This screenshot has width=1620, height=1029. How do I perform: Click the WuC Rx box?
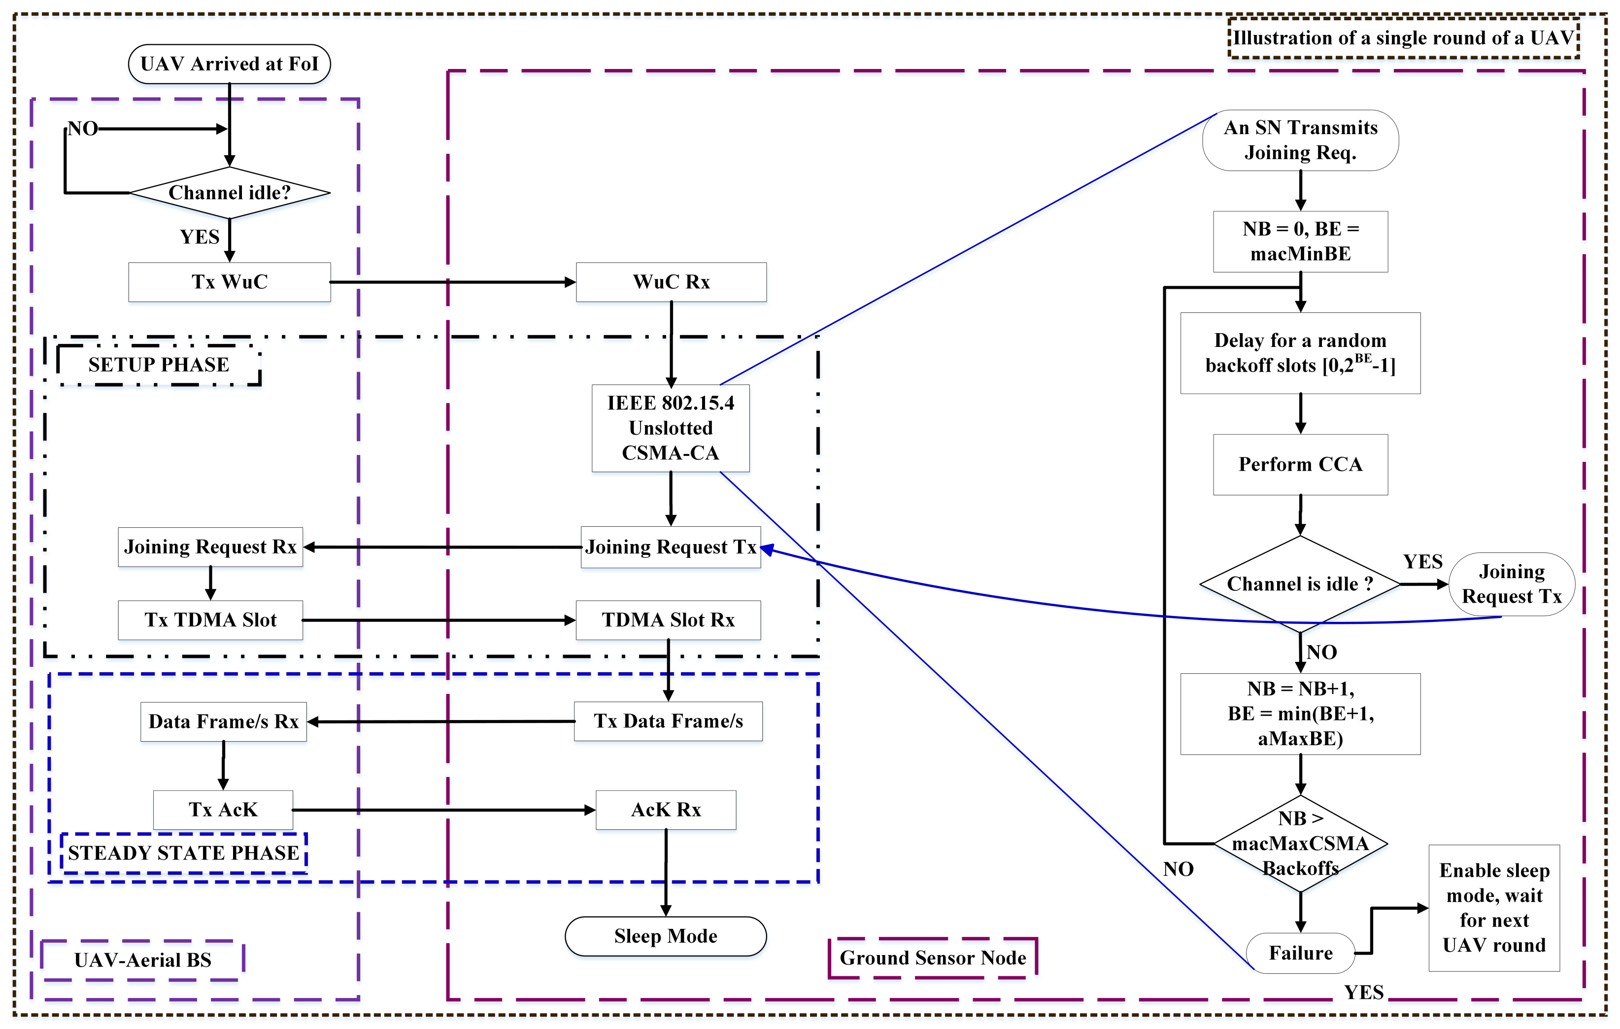point(671,282)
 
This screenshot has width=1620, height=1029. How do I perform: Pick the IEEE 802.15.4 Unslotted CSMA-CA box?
point(670,428)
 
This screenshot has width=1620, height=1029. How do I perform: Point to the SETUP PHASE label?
point(159,365)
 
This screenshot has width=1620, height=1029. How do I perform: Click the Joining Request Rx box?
point(210,547)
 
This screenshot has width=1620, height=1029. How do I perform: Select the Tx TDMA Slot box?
point(210,620)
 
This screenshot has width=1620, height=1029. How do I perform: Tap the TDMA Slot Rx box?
point(668,620)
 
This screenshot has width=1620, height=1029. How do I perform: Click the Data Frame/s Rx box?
point(223,721)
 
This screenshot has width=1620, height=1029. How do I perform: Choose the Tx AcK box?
point(223,810)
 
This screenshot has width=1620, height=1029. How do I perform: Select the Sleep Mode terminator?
point(665,936)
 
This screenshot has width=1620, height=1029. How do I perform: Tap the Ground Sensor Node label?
point(933,958)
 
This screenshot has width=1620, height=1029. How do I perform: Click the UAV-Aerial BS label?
point(142,960)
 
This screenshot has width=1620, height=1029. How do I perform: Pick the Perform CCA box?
point(1300,464)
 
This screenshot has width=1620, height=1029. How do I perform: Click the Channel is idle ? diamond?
point(1300,583)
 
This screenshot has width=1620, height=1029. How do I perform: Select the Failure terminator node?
point(1300,953)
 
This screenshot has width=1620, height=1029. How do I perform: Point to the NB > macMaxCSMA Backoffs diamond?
point(1300,843)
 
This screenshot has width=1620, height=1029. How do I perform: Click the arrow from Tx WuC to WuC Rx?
point(452,282)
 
